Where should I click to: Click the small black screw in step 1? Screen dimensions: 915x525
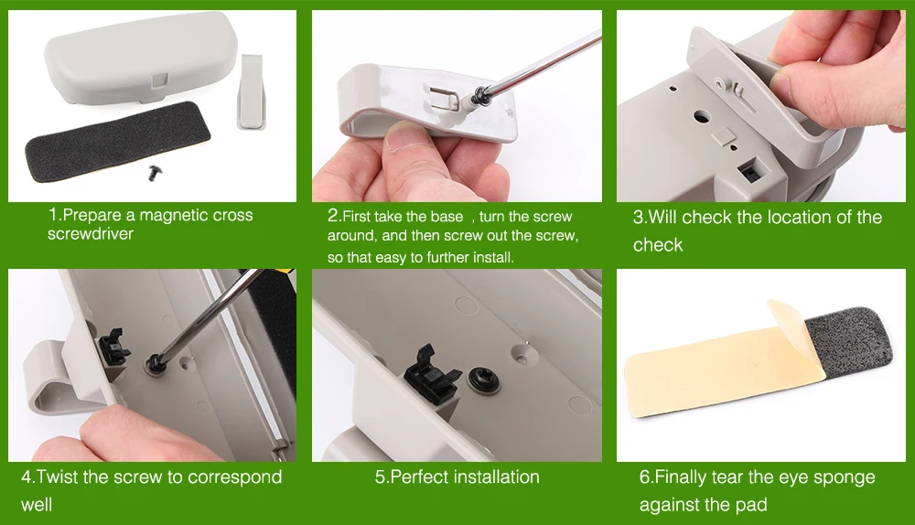(155, 172)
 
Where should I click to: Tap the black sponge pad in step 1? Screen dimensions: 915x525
(117, 141)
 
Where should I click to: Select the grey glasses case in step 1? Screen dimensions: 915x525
(141, 60)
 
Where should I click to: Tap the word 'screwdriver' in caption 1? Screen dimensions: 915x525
(91, 234)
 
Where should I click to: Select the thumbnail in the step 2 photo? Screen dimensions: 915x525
(407, 139)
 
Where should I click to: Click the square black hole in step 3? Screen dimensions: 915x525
(748, 172)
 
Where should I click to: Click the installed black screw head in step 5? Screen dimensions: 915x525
(484, 380)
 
